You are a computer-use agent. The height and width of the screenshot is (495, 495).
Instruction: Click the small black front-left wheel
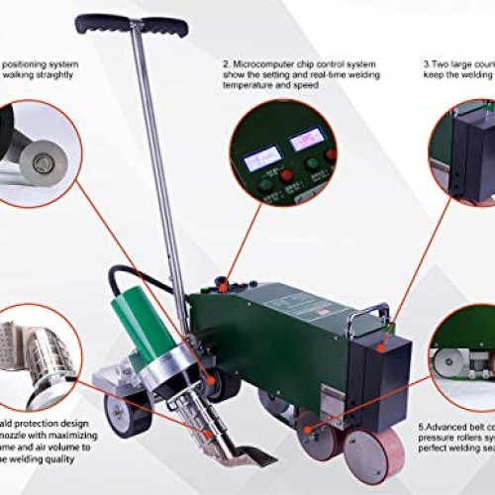pos(129,415)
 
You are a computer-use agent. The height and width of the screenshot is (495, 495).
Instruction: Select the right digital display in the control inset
pos(308,140)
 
